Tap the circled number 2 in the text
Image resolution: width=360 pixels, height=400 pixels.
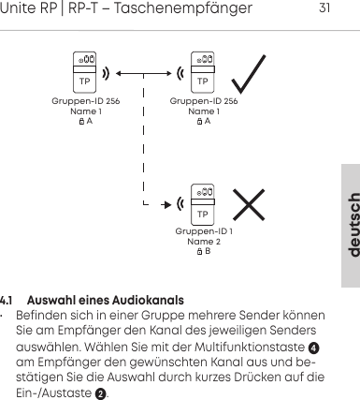100,393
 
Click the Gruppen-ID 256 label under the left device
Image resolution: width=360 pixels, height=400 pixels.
86,100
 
